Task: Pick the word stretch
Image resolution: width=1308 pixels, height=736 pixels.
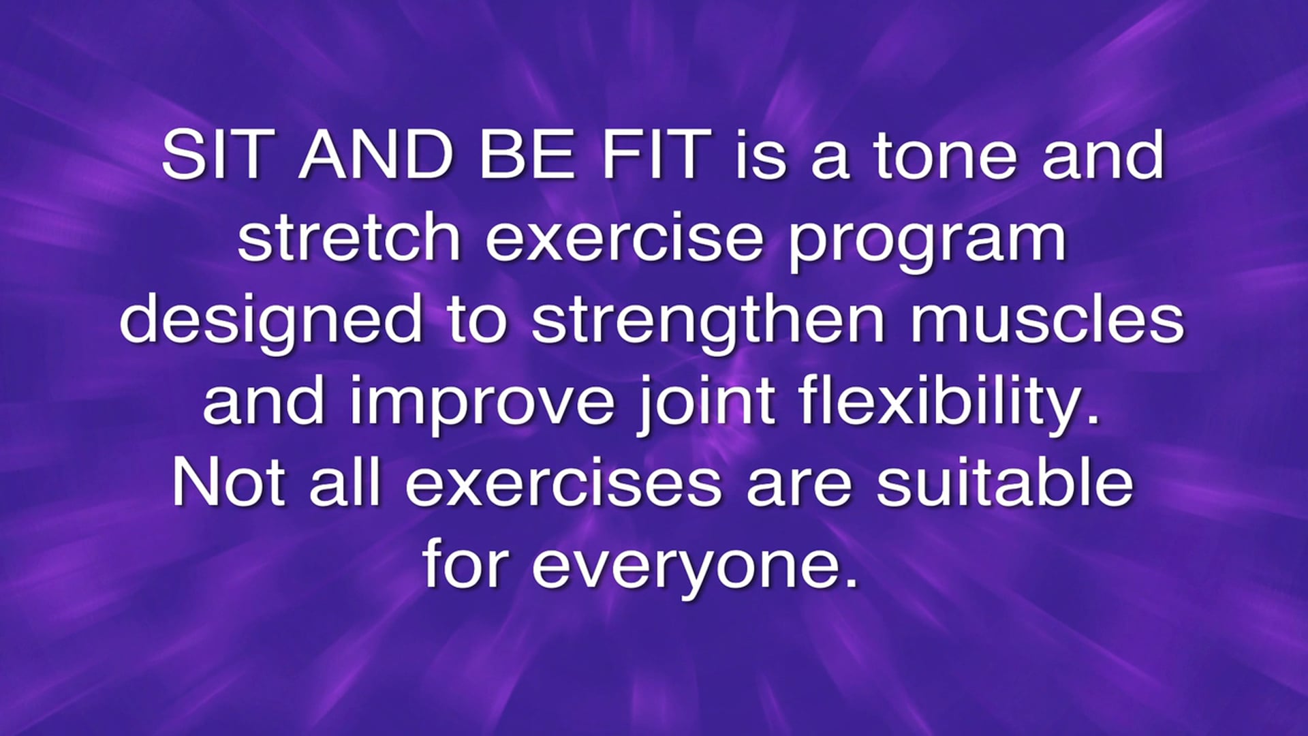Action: (x=349, y=237)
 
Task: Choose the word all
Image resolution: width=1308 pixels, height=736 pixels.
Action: (x=345, y=482)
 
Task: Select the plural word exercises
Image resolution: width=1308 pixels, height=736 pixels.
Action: (x=563, y=483)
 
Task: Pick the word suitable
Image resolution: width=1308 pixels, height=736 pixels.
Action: (x=1004, y=482)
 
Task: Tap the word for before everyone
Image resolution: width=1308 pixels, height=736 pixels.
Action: (x=466, y=564)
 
